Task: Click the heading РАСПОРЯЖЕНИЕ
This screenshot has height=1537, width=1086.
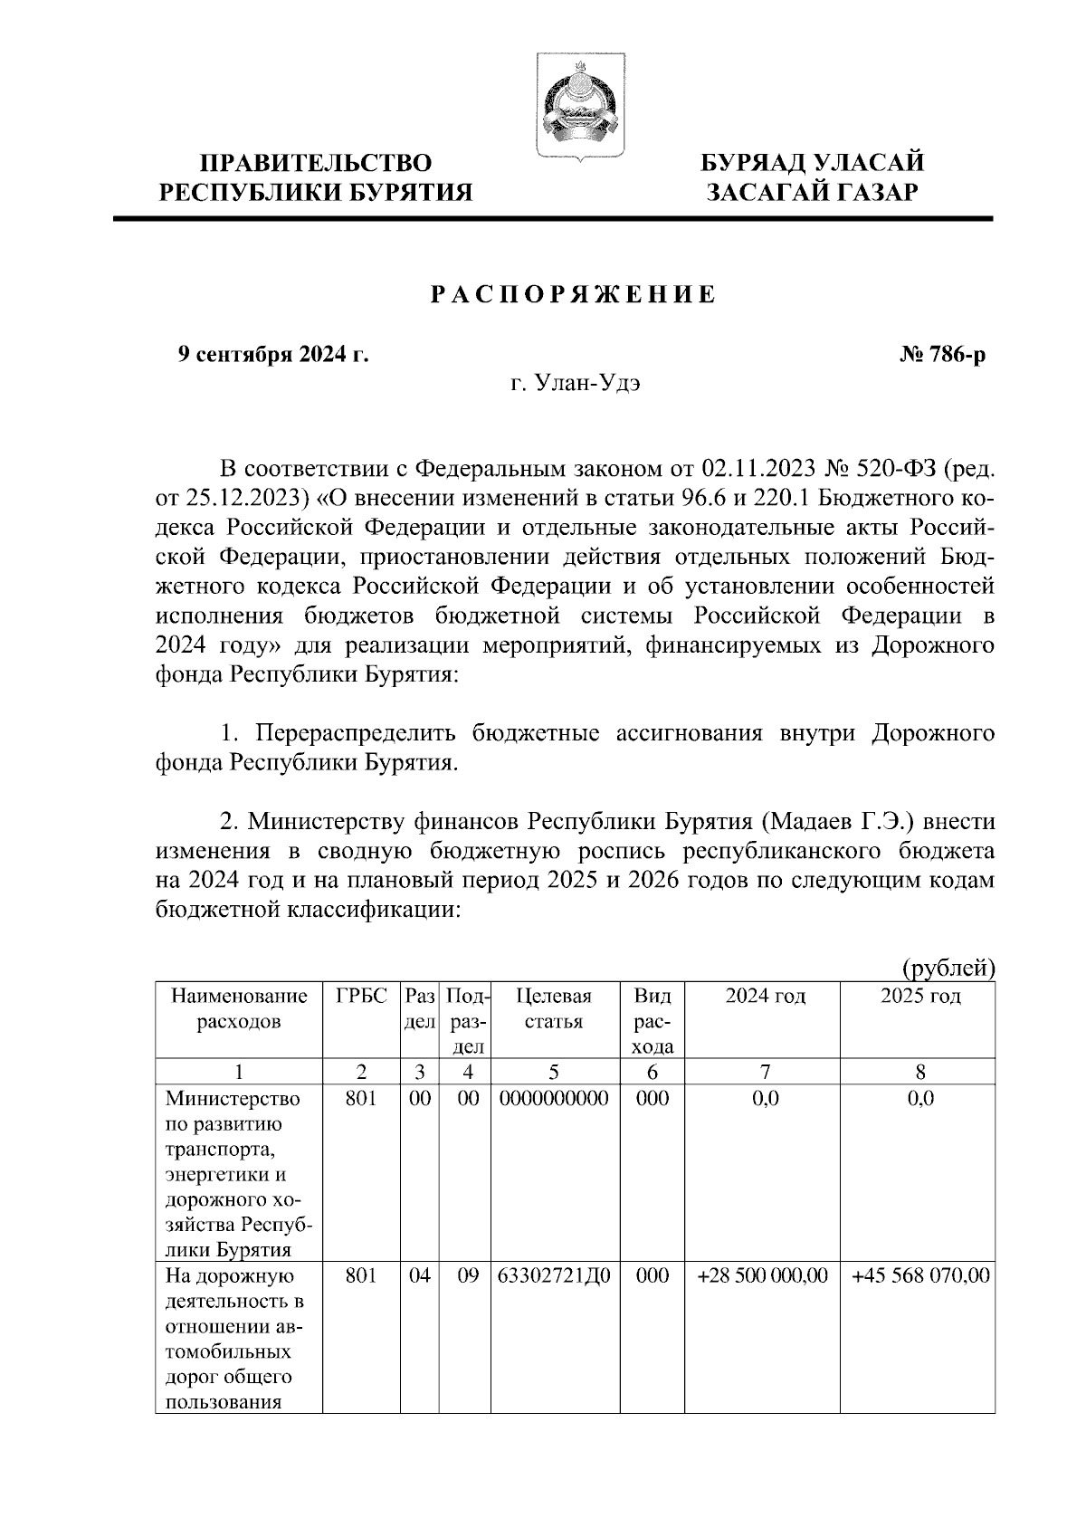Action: point(572,296)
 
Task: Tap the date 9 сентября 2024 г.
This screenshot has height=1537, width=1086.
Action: point(272,355)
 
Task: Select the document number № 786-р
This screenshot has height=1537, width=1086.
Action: point(942,355)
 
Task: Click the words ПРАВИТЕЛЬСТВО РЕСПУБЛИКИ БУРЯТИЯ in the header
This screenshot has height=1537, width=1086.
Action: point(316,177)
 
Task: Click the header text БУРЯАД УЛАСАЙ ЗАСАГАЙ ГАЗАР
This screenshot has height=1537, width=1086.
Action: point(813,177)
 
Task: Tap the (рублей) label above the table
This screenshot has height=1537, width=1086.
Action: point(948,969)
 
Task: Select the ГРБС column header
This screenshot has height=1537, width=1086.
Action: point(361,997)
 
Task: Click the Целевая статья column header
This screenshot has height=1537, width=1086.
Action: point(554,1008)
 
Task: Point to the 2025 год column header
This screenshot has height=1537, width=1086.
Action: point(919,997)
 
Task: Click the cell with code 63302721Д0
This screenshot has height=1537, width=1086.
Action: point(554,1275)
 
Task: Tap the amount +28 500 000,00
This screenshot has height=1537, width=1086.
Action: point(763,1275)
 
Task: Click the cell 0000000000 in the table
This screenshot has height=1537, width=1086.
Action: point(554,1099)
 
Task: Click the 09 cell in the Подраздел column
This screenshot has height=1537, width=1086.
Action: point(466,1275)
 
